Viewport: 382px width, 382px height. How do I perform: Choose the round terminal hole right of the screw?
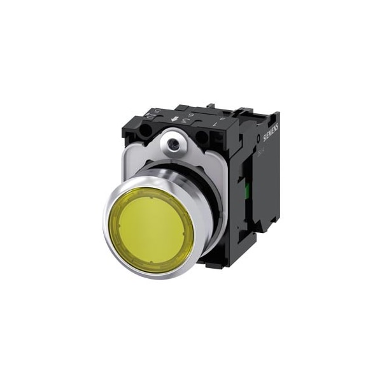[202, 136]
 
